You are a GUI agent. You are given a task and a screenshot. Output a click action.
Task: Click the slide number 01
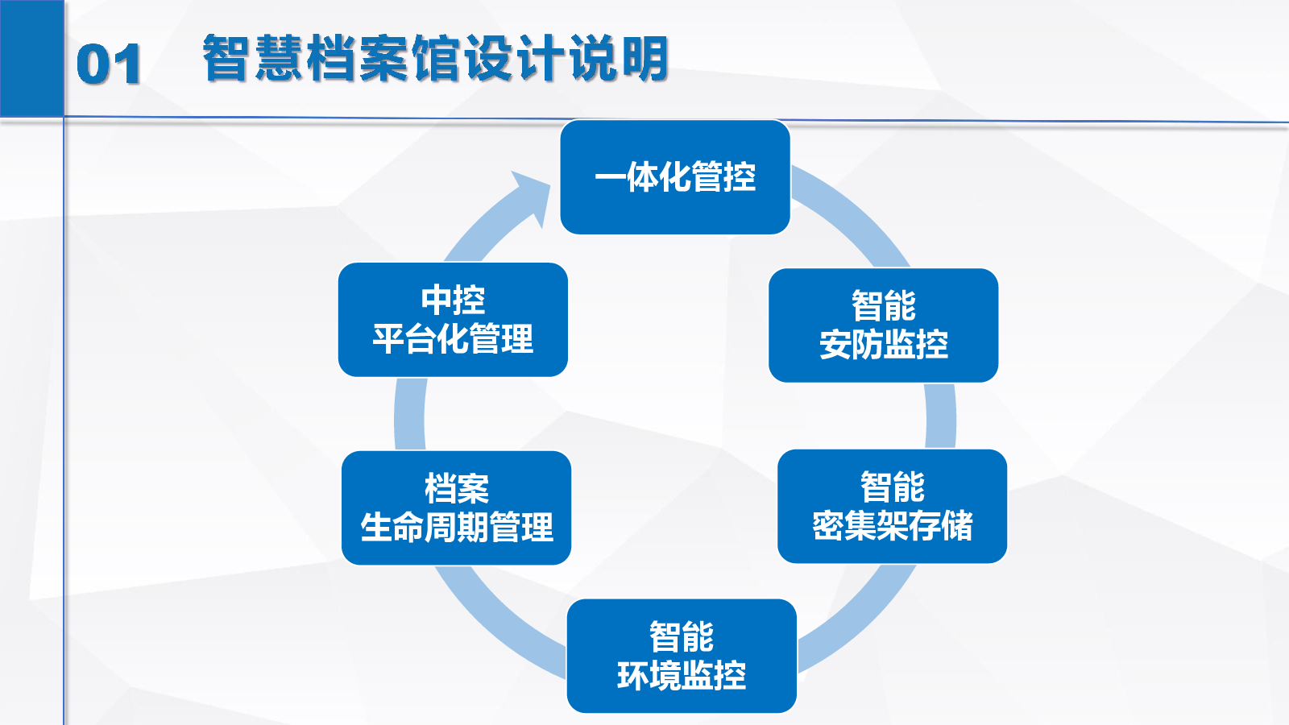click(108, 64)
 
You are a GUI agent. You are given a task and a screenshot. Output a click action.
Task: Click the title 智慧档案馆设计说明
click(436, 58)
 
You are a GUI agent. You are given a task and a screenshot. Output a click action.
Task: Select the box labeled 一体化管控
click(675, 177)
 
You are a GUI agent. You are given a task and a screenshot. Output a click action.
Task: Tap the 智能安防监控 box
click(883, 325)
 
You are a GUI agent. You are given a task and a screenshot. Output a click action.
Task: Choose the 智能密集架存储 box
click(892, 507)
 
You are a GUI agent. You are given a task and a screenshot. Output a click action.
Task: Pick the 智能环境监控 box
click(682, 656)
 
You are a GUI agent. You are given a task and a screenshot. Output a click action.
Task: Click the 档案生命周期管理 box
click(456, 508)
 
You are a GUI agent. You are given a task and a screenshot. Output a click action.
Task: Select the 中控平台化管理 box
click(453, 320)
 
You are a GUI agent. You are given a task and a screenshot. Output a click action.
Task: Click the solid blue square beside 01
click(31, 58)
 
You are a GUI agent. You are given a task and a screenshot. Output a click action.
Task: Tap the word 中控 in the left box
click(453, 300)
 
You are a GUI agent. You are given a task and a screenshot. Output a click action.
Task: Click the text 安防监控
click(883, 344)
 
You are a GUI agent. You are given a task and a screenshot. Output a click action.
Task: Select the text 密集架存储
click(892, 525)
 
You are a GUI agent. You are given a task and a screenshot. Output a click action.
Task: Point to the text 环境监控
click(682, 675)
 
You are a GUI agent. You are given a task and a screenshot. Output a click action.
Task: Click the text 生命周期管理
click(456, 527)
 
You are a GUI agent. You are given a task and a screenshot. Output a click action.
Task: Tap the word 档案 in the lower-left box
click(456, 489)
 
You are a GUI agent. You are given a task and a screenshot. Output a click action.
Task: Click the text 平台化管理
click(453, 338)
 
